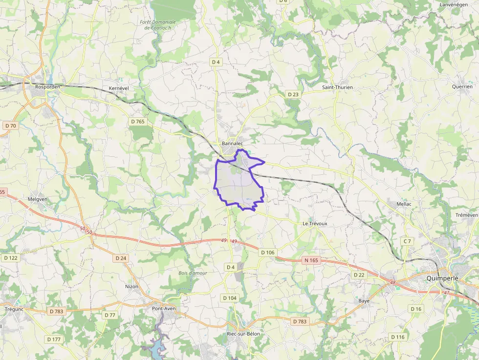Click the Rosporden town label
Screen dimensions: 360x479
click(x=47, y=87)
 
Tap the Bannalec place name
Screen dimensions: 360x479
click(x=232, y=144)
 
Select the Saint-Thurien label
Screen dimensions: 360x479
click(x=337, y=87)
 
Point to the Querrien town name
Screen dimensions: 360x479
click(x=462, y=86)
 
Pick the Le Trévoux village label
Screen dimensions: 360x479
click(x=314, y=223)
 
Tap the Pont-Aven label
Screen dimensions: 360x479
click(x=164, y=308)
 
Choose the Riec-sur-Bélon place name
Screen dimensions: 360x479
click(x=243, y=334)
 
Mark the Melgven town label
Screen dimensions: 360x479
click(x=38, y=199)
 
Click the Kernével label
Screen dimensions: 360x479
click(x=118, y=87)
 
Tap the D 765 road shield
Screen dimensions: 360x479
click(x=138, y=122)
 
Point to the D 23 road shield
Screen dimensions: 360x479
click(x=293, y=94)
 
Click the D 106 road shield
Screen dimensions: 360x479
click(x=268, y=252)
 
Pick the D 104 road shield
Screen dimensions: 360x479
click(x=230, y=298)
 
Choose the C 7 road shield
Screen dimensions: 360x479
click(x=407, y=241)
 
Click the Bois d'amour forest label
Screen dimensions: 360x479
click(x=193, y=273)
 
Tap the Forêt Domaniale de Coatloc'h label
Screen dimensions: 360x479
click(x=157, y=25)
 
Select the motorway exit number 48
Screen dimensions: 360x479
click(x=392, y=282)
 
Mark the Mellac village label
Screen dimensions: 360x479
click(x=404, y=204)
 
